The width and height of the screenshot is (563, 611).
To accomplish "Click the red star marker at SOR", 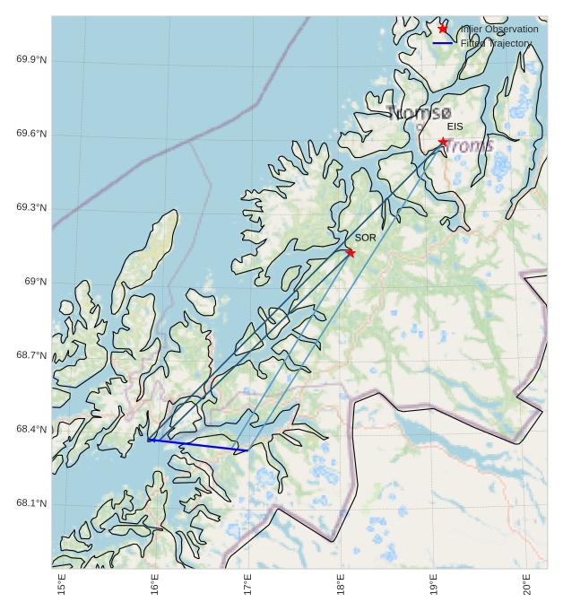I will click(350, 252).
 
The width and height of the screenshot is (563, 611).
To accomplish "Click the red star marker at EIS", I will click(443, 142).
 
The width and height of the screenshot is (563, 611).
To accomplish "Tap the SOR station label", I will click(365, 238).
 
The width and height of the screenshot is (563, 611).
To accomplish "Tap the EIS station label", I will click(455, 127).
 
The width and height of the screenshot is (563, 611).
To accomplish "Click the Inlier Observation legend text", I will click(498, 30).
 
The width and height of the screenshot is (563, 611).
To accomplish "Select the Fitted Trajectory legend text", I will click(496, 43).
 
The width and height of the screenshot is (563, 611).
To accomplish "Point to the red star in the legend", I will click(443, 29).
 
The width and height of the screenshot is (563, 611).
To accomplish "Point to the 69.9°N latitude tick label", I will click(31, 60).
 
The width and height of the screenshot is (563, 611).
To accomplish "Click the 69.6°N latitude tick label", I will click(31, 134).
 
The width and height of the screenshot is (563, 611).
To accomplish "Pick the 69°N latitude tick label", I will click(35, 282).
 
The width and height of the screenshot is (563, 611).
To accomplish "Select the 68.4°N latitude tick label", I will click(31, 430).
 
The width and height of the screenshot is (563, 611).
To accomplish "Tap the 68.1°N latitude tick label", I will click(31, 503).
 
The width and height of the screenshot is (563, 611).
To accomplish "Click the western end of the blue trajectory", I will click(149, 440).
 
